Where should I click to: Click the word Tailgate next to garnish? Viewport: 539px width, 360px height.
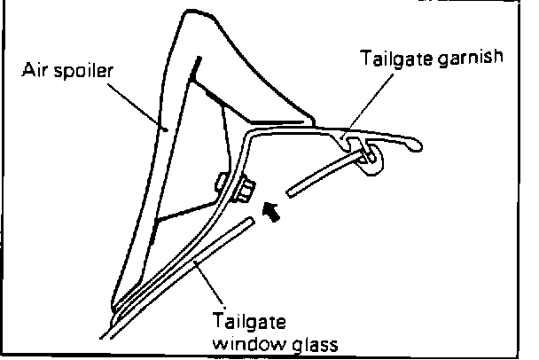pyautogui.click(x=394, y=59)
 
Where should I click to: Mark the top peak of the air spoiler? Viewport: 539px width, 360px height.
pyautogui.click(x=188, y=13)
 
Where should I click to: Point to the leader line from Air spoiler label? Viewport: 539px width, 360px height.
pyautogui.click(x=137, y=103)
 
